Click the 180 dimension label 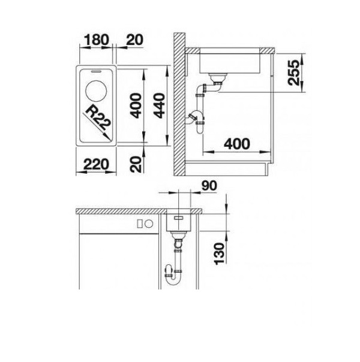tap(97, 40)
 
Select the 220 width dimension tap(96, 164)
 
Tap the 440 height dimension tap(160, 105)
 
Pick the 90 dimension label tap(209, 186)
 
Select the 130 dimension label tap(219, 254)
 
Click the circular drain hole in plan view tap(96, 90)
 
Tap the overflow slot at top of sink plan tap(96, 71)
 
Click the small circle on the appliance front tap(149, 224)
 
